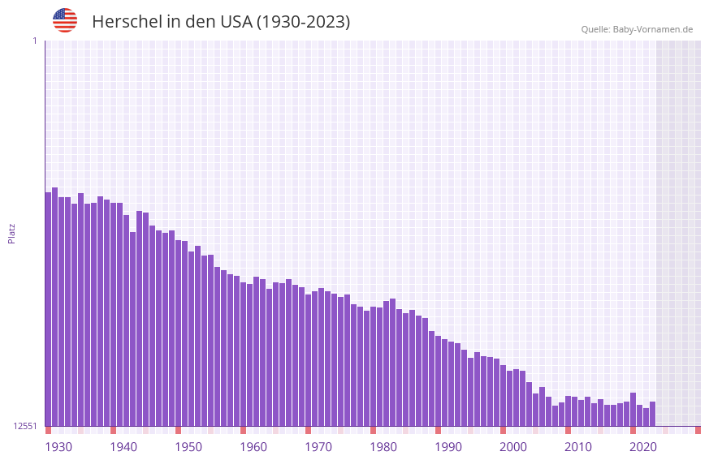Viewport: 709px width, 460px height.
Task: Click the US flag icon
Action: (x=65, y=20)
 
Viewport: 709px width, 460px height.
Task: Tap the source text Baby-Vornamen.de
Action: (x=653, y=29)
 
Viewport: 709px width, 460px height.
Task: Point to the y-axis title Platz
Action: (x=11, y=233)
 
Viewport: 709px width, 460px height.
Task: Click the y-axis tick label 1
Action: (x=35, y=41)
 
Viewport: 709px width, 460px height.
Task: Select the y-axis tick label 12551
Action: (x=25, y=426)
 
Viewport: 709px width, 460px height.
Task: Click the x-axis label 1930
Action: (x=58, y=447)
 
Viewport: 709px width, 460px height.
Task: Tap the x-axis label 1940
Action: (x=123, y=447)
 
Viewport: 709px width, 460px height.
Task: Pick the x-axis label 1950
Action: (x=188, y=447)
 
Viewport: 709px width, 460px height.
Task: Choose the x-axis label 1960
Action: (x=253, y=447)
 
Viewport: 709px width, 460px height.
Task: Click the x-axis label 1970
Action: (x=318, y=447)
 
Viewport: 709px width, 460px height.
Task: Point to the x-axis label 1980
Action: (x=383, y=447)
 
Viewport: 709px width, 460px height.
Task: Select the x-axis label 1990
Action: (x=448, y=447)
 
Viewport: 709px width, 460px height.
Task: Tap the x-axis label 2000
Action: (x=513, y=447)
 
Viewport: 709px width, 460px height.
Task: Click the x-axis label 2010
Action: (x=578, y=447)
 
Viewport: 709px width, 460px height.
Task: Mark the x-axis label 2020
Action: (x=643, y=447)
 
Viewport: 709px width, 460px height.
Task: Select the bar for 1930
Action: (x=49, y=309)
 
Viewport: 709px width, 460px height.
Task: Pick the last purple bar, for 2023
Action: (x=652, y=414)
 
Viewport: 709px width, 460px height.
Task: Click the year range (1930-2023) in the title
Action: (x=303, y=22)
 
